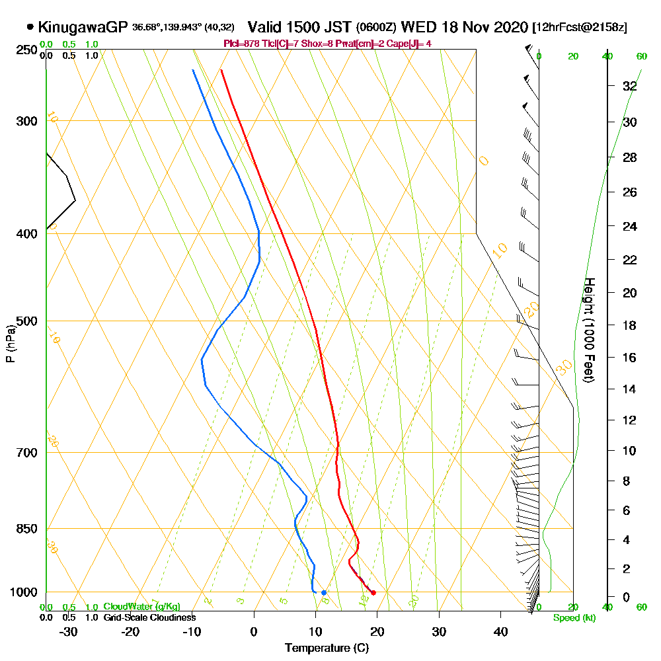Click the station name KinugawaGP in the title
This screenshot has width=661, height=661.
point(83,27)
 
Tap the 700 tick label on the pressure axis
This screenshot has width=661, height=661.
point(26,452)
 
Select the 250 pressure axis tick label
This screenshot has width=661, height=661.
point(26,50)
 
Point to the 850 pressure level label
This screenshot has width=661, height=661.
point(26,528)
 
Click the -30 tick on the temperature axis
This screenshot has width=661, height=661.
point(69,632)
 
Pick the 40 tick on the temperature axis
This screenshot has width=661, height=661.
point(501,632)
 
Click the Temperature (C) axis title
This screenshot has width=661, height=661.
point(327,648)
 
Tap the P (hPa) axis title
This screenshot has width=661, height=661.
point(10,343)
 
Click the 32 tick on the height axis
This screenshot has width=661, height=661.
point(630,86)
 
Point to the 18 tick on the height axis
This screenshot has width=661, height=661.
point(630,325)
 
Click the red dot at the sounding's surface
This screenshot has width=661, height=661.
point(373,593)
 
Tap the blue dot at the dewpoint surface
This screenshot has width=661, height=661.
point(324,592)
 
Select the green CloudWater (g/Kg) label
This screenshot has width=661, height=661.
point(141,607)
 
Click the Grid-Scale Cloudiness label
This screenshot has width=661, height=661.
point(149,617)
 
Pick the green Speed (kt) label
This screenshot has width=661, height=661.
point(574,618)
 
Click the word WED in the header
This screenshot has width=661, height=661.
point(417,27)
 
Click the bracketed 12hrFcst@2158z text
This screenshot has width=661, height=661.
point(580,28)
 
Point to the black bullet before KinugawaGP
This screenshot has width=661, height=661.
point(30,27)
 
